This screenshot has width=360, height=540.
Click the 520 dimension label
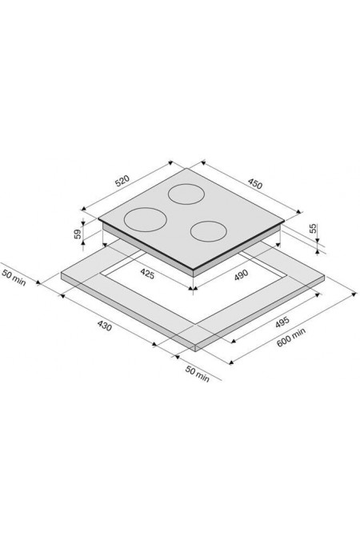(x=122, y=181)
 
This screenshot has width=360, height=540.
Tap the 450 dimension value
(x=255, y=184)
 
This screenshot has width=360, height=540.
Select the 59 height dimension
(x=78, y=234)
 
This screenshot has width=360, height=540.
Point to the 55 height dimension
(x=313, y=228)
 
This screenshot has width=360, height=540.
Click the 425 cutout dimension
(x=147, y=274)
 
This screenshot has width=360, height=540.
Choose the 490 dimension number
(x=241, y=275)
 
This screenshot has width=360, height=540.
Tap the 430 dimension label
(x=105, y=326)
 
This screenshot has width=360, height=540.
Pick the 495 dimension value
(x=282, y=322)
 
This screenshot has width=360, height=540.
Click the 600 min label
(x=291, y=338)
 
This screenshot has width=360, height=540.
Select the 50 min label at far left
(x=14, y=278)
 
